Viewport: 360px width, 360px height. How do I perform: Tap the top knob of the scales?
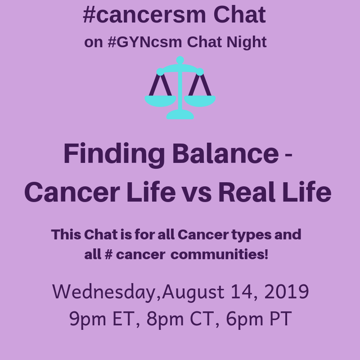click(180, 60)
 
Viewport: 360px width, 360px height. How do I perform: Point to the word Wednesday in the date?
click(105, 292)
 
